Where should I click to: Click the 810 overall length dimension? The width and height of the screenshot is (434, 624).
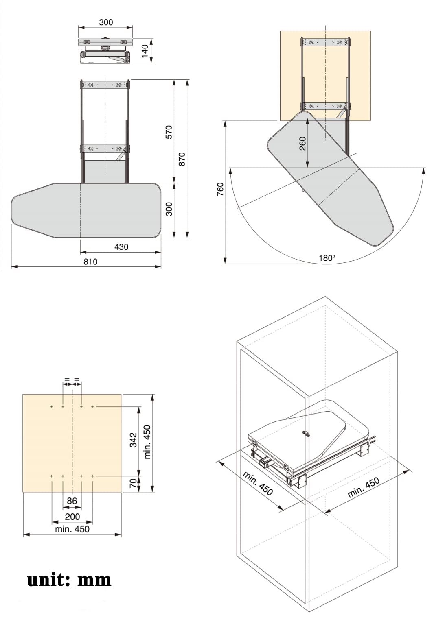point(90,262)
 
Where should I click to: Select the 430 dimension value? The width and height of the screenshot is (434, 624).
point(121,247)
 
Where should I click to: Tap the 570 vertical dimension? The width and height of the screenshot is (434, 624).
point(169,132)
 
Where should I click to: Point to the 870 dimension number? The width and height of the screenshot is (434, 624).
point(182,159)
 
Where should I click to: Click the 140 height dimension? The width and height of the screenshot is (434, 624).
point(145,51)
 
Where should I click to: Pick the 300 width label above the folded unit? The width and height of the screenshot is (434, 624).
point(106,22)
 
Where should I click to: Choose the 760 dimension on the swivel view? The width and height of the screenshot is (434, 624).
point(220,190)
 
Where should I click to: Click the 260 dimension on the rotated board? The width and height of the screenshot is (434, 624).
point(302,143)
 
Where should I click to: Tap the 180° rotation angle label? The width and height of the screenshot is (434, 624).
point(327,258)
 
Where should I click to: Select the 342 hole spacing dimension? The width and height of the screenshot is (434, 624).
point(133,440)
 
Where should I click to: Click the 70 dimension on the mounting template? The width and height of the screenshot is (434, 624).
point(133,483)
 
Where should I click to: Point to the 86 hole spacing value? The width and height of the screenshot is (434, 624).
point(72,501)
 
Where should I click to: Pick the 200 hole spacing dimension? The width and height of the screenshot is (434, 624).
point(72,517)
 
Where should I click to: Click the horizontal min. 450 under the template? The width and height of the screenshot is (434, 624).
point(72,529)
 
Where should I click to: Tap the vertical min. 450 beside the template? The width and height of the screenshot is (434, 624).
point(147,442)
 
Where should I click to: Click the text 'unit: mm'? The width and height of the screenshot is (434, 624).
point(69,579)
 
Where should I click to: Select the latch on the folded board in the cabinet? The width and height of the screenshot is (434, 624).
point(305,434)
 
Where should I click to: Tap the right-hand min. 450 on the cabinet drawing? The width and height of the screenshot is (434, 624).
point(363,487)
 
